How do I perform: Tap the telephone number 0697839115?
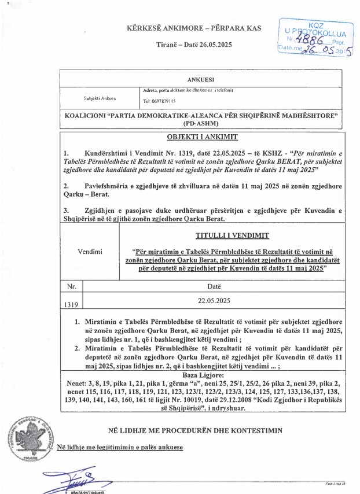(x=160, y=101)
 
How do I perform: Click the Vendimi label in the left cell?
(x=90, y=252)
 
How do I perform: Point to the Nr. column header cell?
(x=72, y=286)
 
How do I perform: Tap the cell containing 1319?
(x=72, y=303)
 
